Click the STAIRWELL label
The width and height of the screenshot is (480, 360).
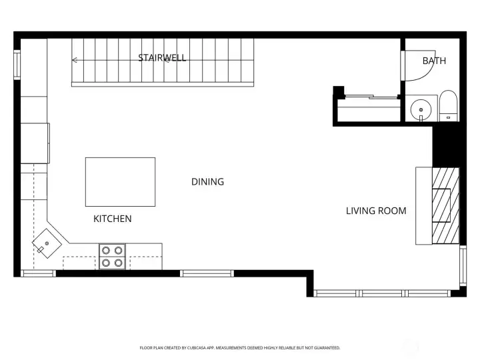tap(162, 58)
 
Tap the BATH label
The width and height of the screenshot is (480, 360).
tap(434, 61)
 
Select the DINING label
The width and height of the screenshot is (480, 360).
tap(207, 181)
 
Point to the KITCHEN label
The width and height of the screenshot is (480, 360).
tap(112, 219)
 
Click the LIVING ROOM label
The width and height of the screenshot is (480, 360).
tap(376, 211)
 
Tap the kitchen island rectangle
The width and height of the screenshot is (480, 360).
tap(120, 181)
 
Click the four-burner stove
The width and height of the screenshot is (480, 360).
tap(113, 257)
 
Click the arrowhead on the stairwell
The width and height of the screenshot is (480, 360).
tap(75, 60)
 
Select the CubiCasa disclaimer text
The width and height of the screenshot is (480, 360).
tap(239, 348)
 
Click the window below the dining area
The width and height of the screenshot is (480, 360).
tap(207, 273)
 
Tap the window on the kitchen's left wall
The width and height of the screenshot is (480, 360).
tap(18, 65)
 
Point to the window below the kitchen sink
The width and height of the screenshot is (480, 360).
tap(39, 273)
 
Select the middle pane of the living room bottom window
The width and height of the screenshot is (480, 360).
tap(382, 293)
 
